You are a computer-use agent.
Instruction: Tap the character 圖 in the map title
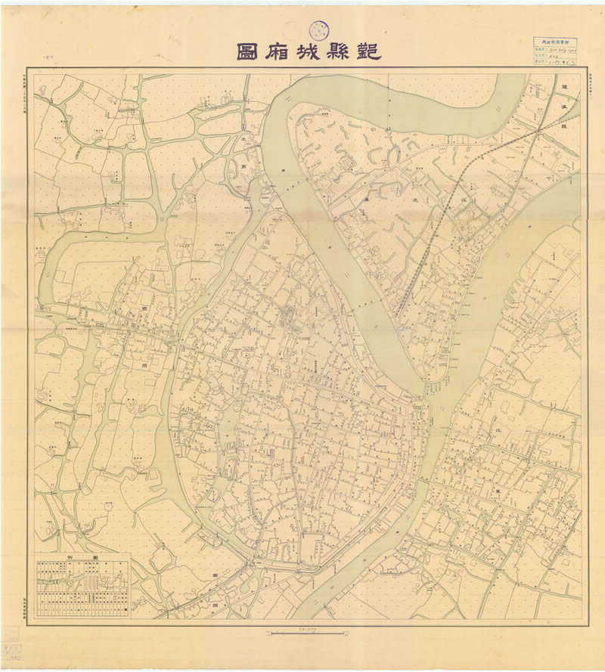pos(249,51)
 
